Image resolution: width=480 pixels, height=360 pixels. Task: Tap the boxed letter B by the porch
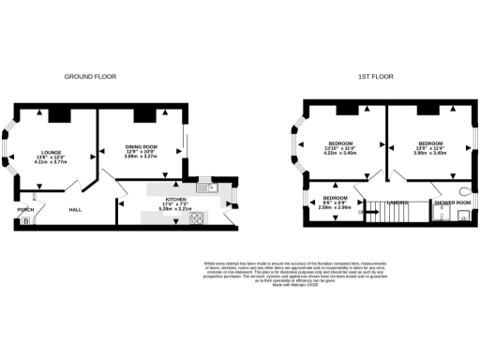[25, 221]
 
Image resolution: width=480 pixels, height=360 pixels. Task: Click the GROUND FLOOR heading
[89, 76]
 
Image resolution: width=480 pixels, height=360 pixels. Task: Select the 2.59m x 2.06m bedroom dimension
[335, 208]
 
